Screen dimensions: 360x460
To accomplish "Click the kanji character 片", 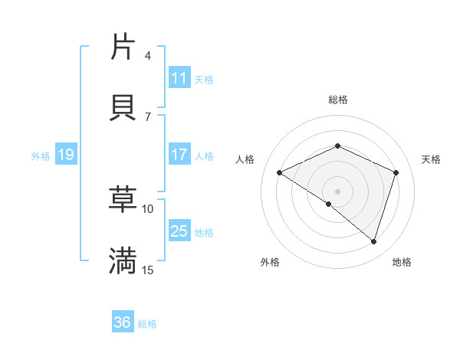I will pos(123,47).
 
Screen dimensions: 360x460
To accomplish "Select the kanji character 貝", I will pos(123,106).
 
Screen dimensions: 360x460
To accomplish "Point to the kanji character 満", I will pos(123,260).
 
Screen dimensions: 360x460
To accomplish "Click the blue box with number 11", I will pos(179,78).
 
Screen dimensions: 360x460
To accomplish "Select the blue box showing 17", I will pos(179,155).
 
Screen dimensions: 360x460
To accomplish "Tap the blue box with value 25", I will pos(179,231).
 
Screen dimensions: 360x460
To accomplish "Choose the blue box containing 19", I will pos(65,155).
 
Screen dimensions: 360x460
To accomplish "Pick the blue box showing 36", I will pos(123,322).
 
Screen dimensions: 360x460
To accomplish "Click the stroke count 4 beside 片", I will pos(147,56).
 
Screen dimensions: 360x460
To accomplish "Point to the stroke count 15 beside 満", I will pos(148,270).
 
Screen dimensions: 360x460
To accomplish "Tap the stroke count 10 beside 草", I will pos(148,208).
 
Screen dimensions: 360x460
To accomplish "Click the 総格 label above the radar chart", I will pos(337,100).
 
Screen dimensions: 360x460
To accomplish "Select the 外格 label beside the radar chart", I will pos(270,262).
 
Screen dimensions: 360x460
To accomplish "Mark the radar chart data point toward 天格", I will pos(396,172).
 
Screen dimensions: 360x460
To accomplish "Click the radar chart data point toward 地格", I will pos(373,242).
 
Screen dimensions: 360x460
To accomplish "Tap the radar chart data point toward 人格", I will pos(280,172).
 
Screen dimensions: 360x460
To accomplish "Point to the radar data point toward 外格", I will pos(329,204).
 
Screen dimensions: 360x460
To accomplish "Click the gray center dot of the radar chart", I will pos(337,191).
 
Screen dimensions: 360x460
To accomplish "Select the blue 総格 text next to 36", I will pos(147,324).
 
